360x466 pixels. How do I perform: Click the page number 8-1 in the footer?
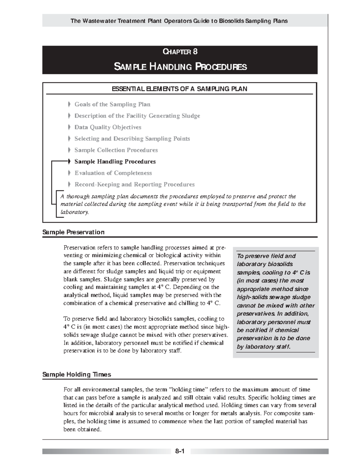click(179, 451)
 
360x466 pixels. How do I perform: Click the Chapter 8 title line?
click(180, 52)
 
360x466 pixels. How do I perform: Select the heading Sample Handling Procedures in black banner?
click(180, 66)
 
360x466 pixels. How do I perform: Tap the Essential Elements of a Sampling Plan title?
click(179, 89)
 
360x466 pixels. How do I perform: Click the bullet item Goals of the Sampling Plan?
click(112, 104)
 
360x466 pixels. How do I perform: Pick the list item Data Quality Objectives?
click(108, 127)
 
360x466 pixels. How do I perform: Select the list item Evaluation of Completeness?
click(113, 173)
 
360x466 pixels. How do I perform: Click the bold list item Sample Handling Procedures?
click(115, 162)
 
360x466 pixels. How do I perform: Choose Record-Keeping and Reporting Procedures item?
click(134, 185)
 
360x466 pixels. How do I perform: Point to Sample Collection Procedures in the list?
click(116, 150)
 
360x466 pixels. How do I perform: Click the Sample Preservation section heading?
click(73, 232)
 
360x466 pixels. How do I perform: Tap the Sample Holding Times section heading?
click(77, 374)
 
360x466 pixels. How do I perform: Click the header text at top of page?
click(179, 21)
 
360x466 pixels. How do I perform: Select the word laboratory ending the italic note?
click(74, 212)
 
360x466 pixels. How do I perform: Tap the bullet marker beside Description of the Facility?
click(69, 116)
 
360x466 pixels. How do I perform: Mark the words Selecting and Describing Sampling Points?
click(132, 139)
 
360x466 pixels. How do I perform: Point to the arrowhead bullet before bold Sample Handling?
click(69, 161)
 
